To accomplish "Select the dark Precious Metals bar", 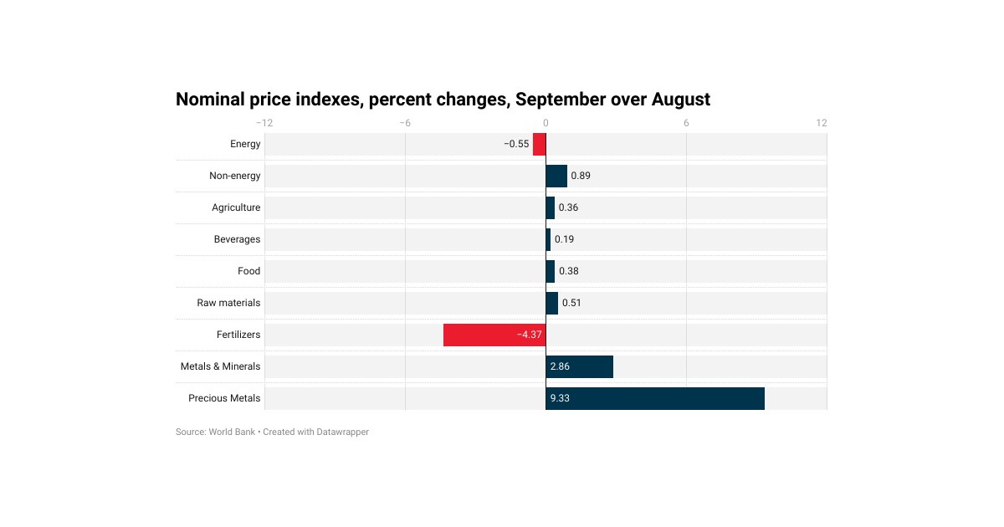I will pos(655,398).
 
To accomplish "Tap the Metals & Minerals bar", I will pos(579,366).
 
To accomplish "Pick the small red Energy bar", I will pos(540,144).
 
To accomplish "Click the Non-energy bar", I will pos(556,176).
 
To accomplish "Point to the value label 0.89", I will pos(581,176).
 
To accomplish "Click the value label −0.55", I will pos(516,144).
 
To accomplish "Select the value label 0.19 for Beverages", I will pos(564,239).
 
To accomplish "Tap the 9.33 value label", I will pos(560,398).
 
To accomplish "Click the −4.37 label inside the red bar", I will pos(529,335).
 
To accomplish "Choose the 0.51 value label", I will pos(571,303).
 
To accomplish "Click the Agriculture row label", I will pos(236,207).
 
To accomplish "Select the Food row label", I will pos(248,271).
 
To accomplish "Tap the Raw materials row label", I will pos(228,303).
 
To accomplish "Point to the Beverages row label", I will pos(237,239).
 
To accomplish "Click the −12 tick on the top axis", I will pos(264,123).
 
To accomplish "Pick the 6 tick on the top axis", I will pos(686,123).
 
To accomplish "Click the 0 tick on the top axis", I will pos(546,123).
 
